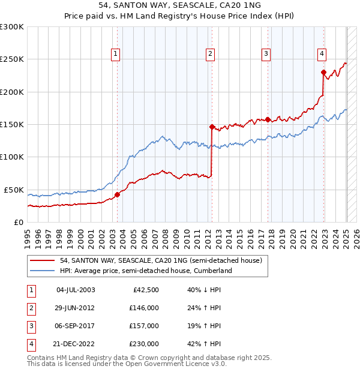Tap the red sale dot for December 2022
point(323,73)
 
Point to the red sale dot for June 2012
point(212,127)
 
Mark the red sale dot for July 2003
point(118,194)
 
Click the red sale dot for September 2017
point(268,119)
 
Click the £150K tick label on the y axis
point(12,124)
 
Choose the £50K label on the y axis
point(14,190)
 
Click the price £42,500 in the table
point(144,290)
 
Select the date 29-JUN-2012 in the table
point(76,308)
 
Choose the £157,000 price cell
point(144,326)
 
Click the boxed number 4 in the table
point(31,344)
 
